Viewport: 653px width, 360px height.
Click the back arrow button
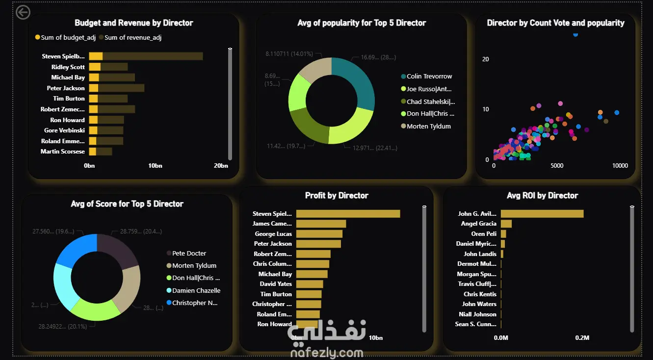point(23,12)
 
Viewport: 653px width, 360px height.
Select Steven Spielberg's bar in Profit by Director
point(348,214)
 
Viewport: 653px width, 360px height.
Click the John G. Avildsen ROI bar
point(542,214)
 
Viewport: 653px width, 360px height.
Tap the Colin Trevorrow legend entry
point(429,77)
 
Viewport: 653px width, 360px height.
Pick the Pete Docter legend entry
point(189,254)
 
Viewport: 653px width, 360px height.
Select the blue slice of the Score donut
point(77,250)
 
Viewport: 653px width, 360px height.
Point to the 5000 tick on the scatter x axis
point(557,166)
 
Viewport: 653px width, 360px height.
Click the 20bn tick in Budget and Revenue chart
point(221,166)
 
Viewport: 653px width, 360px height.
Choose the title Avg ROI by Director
point(542,196)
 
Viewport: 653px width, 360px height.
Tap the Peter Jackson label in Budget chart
point(66,88)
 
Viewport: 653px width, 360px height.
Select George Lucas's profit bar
point(319,234)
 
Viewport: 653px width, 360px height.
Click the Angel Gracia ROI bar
point(506,224)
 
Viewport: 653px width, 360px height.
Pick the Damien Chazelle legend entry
point(196,291)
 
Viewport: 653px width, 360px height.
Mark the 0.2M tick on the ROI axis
point(582,338)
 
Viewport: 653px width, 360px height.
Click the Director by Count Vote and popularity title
point(555,23)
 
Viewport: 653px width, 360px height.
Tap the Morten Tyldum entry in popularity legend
point(428,127)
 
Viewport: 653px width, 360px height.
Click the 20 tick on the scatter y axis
point(486,59)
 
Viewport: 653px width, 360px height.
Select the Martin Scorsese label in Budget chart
point(63,152)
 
